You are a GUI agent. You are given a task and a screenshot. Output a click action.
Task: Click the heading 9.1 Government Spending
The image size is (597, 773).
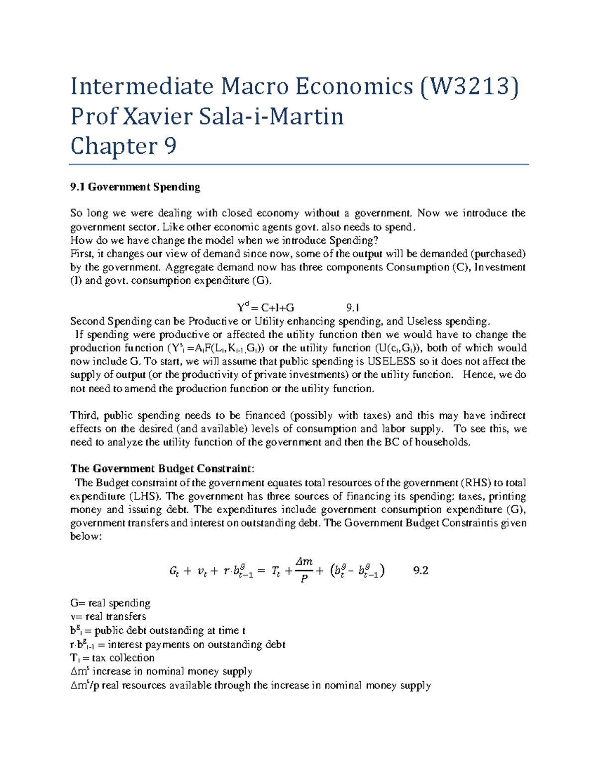pyautogui.click(x=135, y=187)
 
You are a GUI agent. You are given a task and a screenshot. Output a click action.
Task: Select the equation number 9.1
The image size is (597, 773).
pyautogui.click(x=352, y=308)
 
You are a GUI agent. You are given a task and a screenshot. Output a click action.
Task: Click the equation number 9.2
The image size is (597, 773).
pyautogui.click(x=421, y=570)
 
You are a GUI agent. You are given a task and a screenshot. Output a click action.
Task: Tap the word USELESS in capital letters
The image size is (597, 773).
pyautogui.click(x=391, y=361)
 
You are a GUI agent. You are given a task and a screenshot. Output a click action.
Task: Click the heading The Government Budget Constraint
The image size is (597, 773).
pyautogui.click(x=162, y=469)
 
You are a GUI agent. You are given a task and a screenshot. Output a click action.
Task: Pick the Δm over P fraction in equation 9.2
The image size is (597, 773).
pyautogui.click(x=304, y=570)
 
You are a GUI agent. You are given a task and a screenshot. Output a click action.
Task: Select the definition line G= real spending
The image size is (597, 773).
pyautogui.click(x=110, y=603)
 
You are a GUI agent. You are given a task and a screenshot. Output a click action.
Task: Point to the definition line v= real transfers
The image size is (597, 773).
pyautogui.click(x=108, y=617)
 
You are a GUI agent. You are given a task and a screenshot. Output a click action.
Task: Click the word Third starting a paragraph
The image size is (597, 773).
pyautogui.click(x=85, y=416)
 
